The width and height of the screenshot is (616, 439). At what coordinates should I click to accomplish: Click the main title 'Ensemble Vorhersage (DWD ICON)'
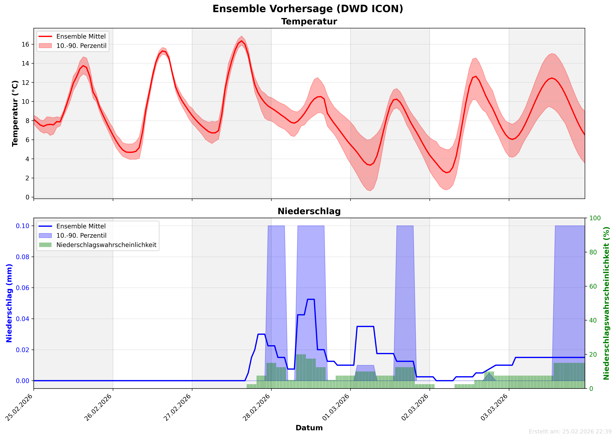tap(308, 9)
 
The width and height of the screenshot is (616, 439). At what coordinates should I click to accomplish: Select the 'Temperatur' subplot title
tap(309, 22)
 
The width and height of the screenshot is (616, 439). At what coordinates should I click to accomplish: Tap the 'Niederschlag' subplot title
tap(309, 211)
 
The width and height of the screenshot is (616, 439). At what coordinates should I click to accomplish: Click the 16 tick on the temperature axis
tap(26, 44)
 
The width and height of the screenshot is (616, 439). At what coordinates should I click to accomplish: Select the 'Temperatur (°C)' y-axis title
tap(15, 114)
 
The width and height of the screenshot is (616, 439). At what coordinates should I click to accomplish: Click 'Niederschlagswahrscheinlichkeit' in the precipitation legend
tap(106, 245)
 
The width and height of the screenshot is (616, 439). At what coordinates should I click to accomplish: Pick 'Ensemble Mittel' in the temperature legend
tap(81, 37)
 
